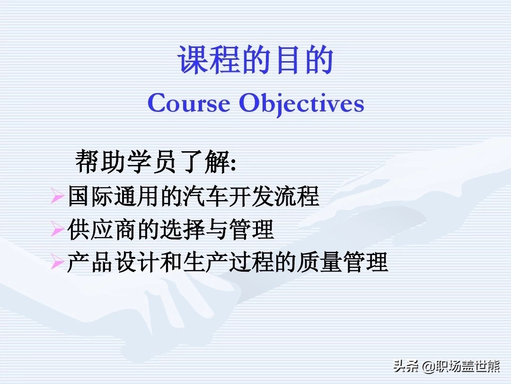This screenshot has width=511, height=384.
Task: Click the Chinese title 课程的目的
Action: (255, 60)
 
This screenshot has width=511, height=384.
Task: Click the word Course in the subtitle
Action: (189, 103)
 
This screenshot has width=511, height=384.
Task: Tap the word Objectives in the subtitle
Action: (301, 104)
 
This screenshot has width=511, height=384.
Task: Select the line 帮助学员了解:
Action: (156, 161)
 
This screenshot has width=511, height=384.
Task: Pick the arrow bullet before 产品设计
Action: (57, 262)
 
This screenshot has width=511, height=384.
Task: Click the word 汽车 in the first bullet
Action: (205, 196)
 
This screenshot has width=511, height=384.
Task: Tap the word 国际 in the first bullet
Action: (90, 196)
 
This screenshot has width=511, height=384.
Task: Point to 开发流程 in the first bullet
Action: (273, 196)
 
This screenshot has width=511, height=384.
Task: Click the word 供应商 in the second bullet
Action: (102, 229)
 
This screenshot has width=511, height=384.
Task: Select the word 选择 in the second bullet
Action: (182, 229)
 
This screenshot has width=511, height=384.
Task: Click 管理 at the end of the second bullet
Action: (251, 229)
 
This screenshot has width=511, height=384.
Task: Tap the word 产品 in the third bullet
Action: (90, 262)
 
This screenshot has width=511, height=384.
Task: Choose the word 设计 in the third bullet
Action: (136, 262)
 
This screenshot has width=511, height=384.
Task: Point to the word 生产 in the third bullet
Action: (205, 262)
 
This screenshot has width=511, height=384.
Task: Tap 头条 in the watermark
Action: (406, 366)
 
